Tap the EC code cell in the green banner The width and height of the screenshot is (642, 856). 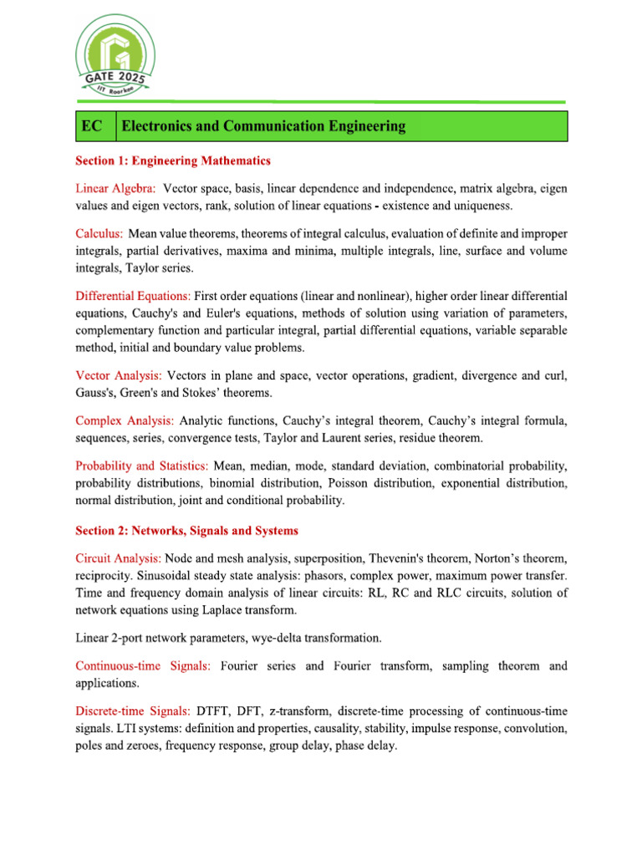92,126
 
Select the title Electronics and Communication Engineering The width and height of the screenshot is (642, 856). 264,126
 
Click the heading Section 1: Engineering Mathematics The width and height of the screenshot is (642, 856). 173,160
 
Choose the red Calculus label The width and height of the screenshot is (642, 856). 99,234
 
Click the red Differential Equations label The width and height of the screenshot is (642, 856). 133,296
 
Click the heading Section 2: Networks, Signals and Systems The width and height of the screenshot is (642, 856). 186,531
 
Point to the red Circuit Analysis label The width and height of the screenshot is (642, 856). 118,558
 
